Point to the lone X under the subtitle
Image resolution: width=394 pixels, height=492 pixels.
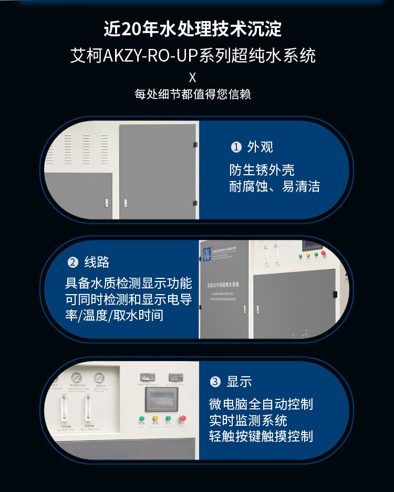(192, 77)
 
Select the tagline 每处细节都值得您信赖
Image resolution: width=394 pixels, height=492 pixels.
(193, 95)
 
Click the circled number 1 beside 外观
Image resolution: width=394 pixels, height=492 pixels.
(237, 147)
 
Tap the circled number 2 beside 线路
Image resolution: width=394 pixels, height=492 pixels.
(73, 262)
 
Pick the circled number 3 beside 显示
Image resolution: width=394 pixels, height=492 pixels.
(215, 382)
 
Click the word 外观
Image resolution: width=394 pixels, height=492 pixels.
(261, 147)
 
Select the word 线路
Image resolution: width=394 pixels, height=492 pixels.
(97, 262)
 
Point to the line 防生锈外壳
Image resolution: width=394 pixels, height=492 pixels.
(262, 170)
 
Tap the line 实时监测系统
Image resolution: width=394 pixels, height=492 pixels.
(248, 420)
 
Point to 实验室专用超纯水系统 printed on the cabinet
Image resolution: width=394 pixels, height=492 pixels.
(223, 284)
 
